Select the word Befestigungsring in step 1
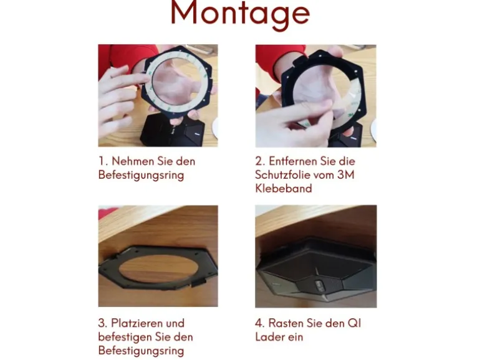(141, 175)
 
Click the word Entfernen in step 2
(293, 161)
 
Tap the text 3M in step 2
(345, 174)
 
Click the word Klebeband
(284, 189)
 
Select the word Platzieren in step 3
(137, 323)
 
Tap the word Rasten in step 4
(286, 323)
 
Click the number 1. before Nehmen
(103, 161)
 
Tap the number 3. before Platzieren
(103, 323)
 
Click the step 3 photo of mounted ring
(158, 256)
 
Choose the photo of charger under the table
(316, 257)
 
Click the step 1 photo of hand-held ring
(158, 95)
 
